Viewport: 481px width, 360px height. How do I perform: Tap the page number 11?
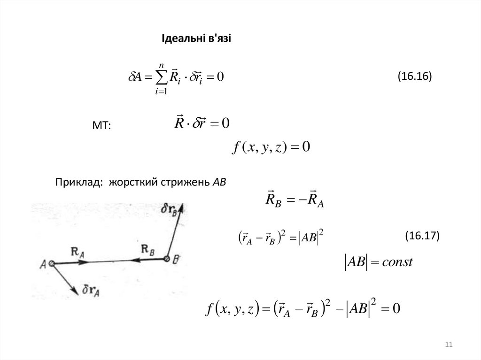[x=448, y=345]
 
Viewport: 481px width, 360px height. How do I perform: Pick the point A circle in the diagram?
[x=52, y=264]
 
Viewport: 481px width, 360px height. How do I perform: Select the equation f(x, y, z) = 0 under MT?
[x=272, y=147]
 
